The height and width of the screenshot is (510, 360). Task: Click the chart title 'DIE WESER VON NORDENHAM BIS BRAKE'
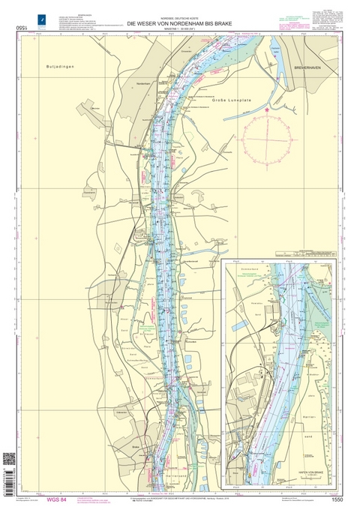tap(179, 25)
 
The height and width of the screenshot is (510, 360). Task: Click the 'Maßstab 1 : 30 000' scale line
tap(179, 31)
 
